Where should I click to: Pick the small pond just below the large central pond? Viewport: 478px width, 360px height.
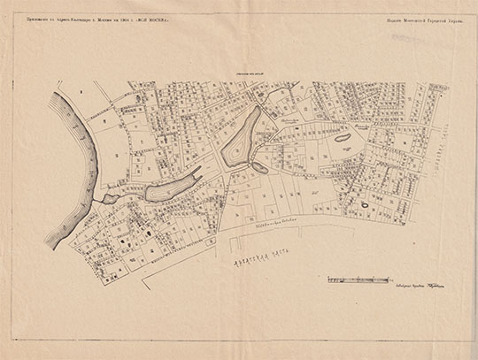coord(258,167)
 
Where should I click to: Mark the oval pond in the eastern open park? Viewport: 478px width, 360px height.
coord(341,138)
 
